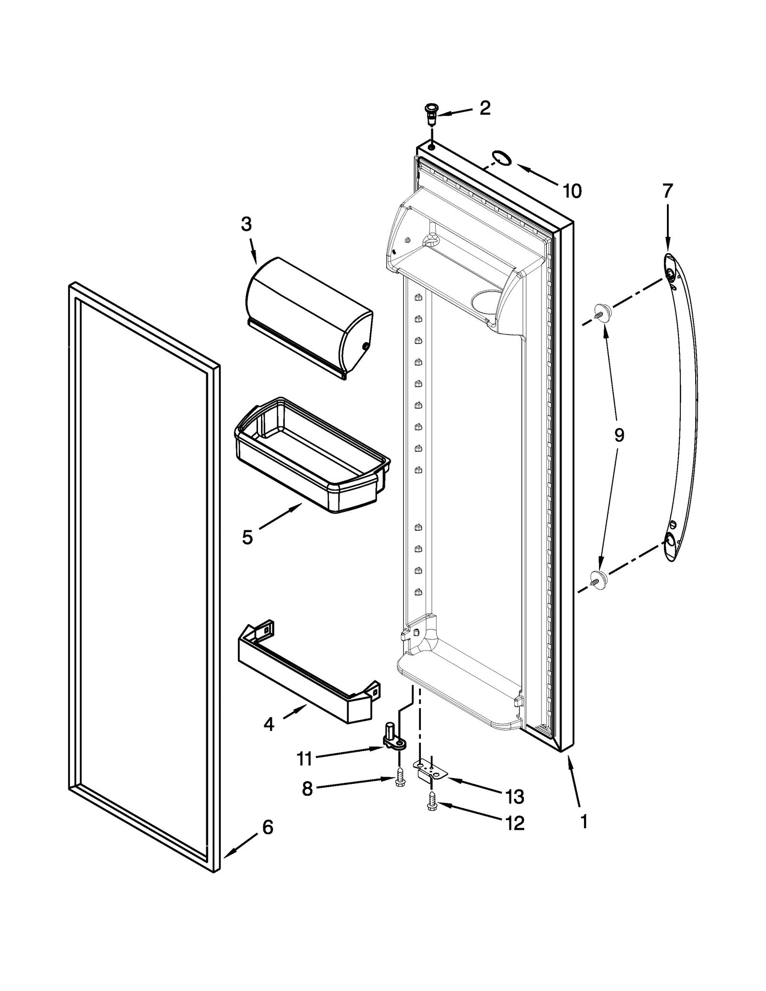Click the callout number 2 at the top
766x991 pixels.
(x=484, y=108)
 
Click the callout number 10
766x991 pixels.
(x=572, y=191)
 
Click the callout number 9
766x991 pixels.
(x=619, y=435)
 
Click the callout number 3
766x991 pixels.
(x=246, y=224)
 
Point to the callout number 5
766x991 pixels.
(x=247, y=537)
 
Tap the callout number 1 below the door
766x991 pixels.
(x=584, y=822)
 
